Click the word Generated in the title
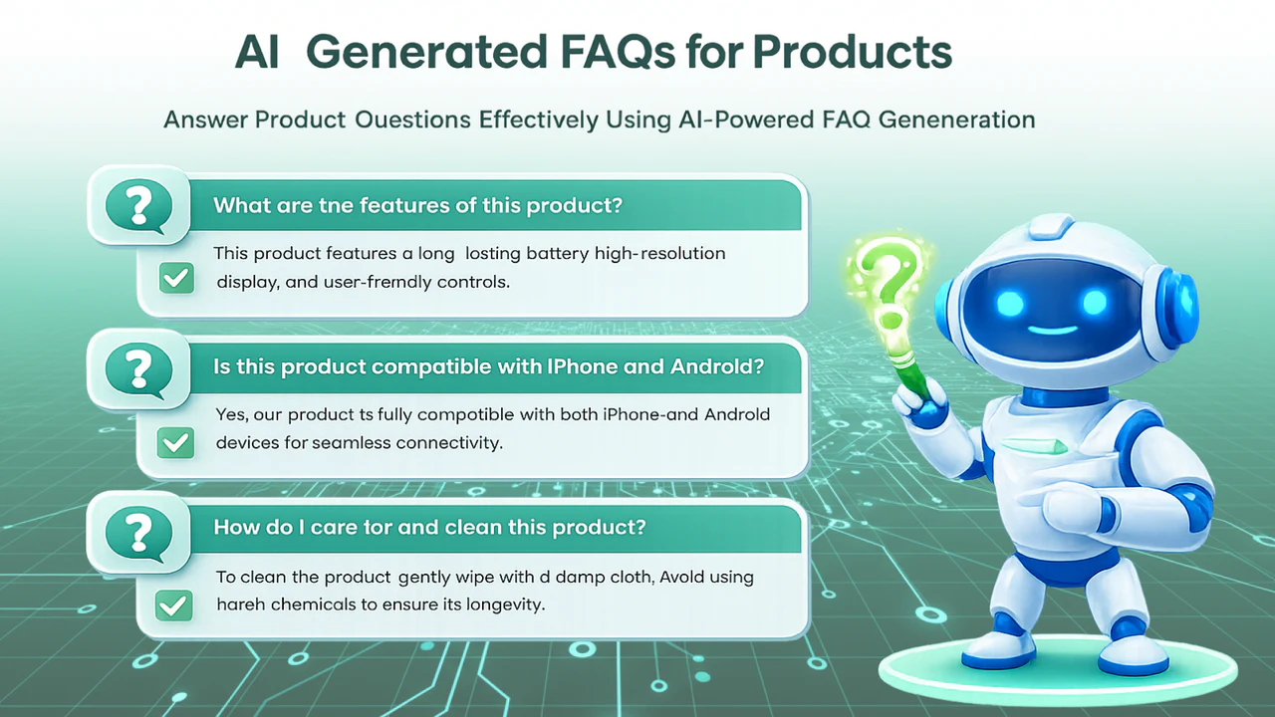[x=427, y=53]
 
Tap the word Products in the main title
[x=852, y=53]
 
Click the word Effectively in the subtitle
[x=539, y=120]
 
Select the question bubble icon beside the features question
[x=138, y=206]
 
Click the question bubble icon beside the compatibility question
[x=138, y=369]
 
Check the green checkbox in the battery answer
[x=176, y=278]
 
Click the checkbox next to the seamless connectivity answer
[x=175, y=443]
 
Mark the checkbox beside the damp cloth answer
[x=173, y=604]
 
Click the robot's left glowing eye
[x=1010, y=302]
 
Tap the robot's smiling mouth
[x=1053, y=330]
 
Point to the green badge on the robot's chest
[x=1035, y=446]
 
